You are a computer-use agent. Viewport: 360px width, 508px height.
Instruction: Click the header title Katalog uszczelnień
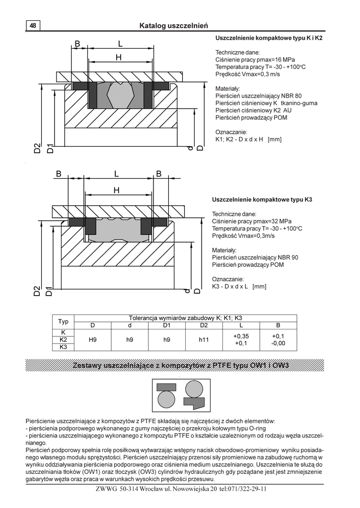[173, 25]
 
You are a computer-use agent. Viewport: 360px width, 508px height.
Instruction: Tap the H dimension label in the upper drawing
[119, 58]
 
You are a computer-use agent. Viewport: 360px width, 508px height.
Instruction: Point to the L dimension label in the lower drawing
[117, 174]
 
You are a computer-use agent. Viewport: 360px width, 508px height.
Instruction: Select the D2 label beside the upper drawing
[37, 148]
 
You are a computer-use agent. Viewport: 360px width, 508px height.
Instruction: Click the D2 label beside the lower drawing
[37, 291]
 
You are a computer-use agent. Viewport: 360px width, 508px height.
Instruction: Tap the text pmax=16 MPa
[265, 60]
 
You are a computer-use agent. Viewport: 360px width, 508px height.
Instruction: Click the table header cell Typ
[64, 321]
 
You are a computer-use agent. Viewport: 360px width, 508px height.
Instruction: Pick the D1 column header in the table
[167, 325]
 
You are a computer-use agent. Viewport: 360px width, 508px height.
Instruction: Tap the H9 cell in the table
[92, 340]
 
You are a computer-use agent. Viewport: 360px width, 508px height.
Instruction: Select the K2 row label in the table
[64, 340]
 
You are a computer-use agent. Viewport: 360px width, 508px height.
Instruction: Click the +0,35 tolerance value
[241, 336]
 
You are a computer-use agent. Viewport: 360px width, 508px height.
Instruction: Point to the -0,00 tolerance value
[278, 343]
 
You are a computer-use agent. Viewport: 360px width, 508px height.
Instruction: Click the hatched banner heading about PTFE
[181, 366]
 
